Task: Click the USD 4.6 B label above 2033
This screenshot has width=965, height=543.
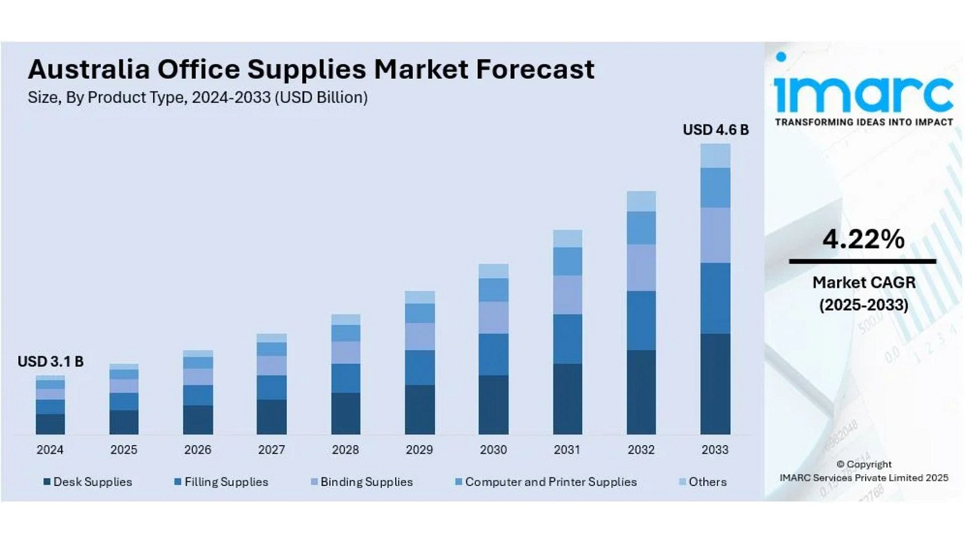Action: pos(716,130)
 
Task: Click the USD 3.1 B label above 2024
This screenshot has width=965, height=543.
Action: pos(50,362)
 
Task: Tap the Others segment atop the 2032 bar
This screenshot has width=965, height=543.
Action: pos(641,201)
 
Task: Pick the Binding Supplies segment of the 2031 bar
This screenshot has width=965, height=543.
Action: pos(567,294)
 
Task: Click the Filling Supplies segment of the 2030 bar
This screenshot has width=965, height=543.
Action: pos(493,354)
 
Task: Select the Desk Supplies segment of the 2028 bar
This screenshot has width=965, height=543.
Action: pos(345,413)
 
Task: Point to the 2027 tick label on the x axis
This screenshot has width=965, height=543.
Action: pos(272,450)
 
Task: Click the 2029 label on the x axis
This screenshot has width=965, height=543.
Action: pos(420,450)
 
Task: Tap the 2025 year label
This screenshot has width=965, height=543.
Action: pos(124,450)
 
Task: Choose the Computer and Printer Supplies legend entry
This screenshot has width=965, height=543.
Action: pos(551,482)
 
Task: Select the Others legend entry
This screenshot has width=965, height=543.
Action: pos(707,482)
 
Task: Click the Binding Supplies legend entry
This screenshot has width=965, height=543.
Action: pos(367,482)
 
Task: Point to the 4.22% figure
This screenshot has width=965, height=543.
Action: pos(863,239)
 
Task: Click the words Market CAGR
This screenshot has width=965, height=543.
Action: pos(864,282)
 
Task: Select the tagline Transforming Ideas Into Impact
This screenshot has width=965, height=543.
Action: pos(864,122)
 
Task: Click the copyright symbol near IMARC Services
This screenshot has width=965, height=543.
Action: pos(840,465)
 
